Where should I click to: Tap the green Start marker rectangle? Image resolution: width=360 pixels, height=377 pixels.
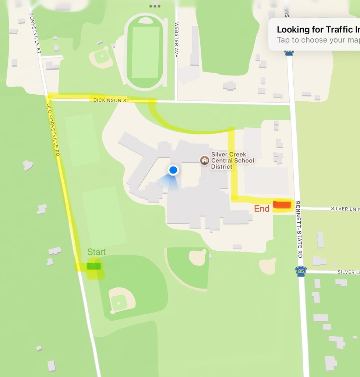point(93,266)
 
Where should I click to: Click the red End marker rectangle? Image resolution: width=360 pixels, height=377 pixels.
point(282,205)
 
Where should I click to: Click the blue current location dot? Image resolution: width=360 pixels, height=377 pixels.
point(173,170)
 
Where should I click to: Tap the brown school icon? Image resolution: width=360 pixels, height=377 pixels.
point(204,160)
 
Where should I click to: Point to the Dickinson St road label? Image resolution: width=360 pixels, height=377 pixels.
point(111,100)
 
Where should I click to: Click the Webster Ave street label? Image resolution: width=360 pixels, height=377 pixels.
point(176,39)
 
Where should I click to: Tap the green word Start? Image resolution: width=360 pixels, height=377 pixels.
point(96,252)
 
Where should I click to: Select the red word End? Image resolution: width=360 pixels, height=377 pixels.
point(262,209)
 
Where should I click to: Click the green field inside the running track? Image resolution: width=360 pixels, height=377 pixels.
point(145,52)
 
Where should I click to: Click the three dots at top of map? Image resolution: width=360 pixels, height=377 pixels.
point(155,6)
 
